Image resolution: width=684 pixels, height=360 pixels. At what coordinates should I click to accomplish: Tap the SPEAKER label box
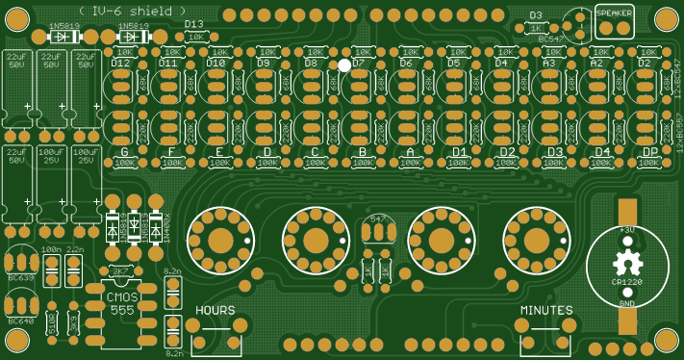(x=615, y=13)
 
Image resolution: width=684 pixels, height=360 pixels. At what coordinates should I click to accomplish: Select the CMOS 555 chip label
(x=122, y=303)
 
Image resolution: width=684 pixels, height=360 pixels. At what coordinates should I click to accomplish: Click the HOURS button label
(x=215, y=310)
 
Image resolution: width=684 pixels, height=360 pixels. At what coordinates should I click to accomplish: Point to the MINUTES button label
(x=546, y=310)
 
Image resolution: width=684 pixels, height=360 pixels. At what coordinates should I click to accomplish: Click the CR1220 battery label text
(x=626, y=281)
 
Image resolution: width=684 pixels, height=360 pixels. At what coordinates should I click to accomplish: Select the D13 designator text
(x=193, y=24)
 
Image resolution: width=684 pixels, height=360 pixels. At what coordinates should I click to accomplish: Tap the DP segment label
(x=649, y=151)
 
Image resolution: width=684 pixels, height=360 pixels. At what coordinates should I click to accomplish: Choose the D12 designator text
(x=120, y=63)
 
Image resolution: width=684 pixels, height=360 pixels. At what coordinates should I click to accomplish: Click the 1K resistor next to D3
(x=535, y=29)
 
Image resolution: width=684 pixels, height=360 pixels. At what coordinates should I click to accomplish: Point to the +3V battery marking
(x=626, y=229)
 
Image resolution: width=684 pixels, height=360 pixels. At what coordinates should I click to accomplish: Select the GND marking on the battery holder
(x=626, y=302)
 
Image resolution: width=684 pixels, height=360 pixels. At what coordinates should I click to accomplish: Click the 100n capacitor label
(x=51, y=249)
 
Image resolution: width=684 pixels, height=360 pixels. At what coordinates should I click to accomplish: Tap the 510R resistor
(x=51, y=325)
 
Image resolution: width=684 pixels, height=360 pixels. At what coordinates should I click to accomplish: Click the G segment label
(x=123, y=151)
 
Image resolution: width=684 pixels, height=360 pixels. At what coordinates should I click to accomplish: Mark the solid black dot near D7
(x=344, y=64)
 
